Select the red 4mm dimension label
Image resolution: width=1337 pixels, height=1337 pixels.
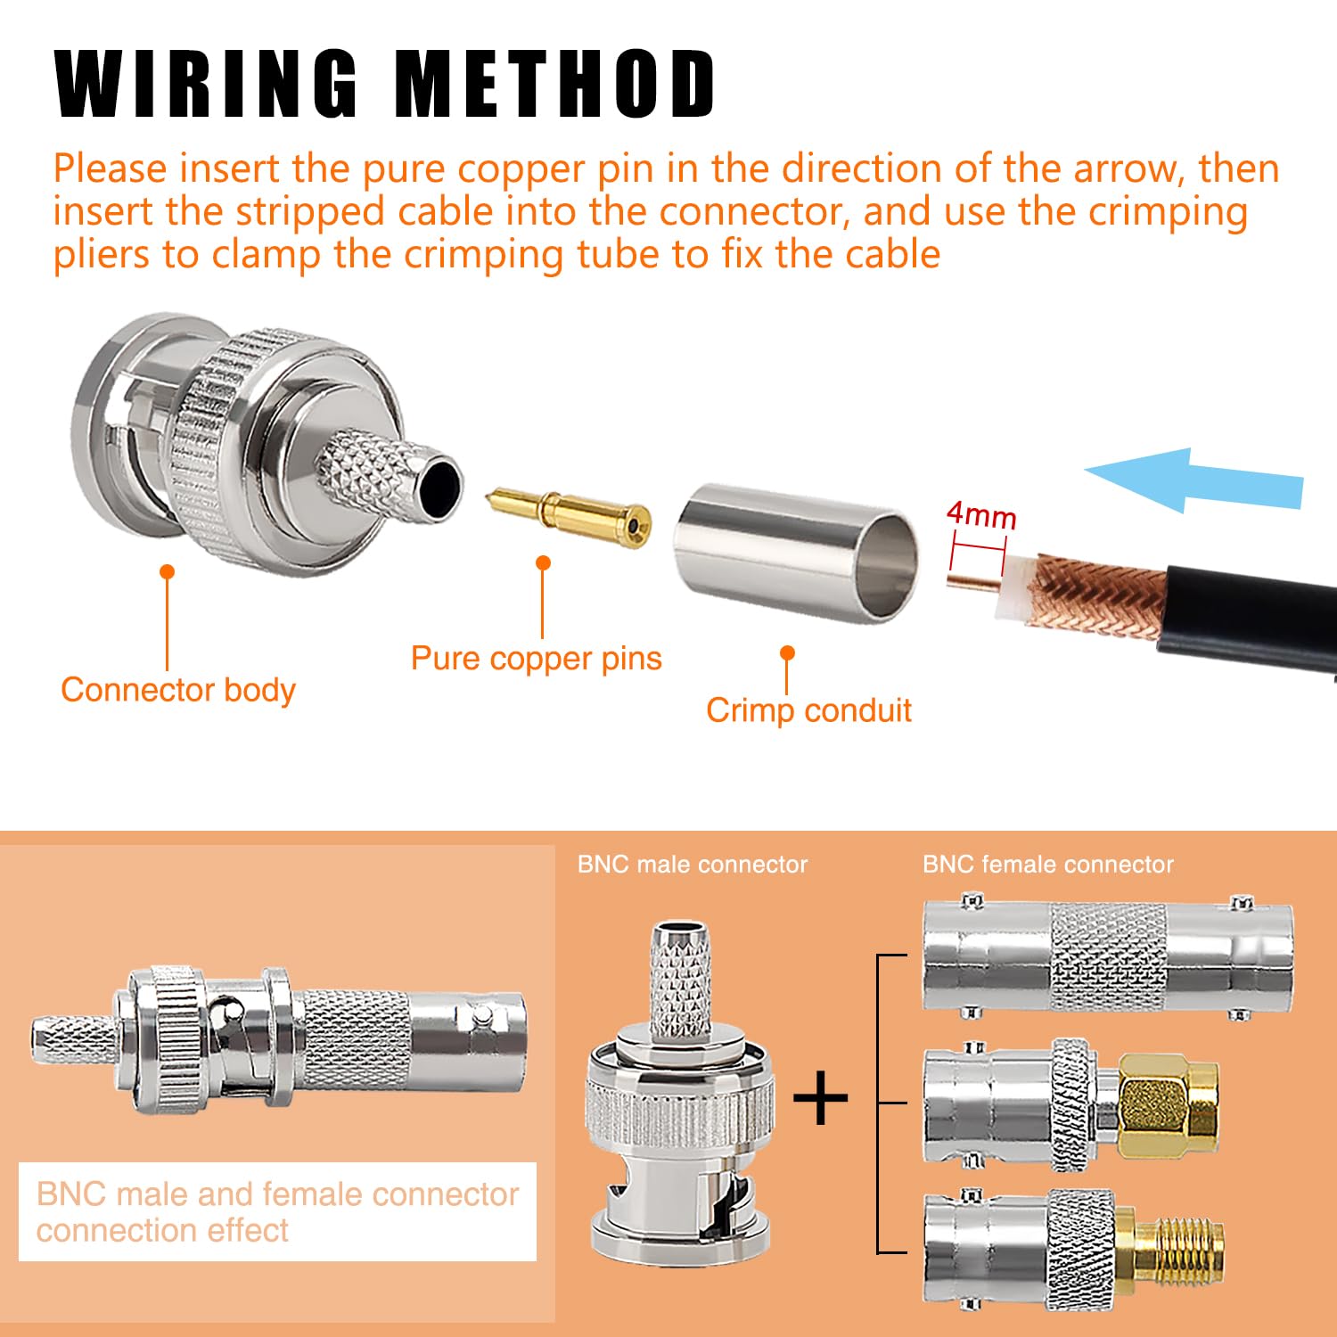point(980,514)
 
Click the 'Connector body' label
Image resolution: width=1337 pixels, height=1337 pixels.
point(178,690)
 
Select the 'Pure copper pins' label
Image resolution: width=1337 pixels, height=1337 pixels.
point(536,659)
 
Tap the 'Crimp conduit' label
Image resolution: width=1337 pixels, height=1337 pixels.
point(808,710)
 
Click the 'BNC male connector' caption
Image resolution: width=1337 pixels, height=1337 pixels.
point(693,865)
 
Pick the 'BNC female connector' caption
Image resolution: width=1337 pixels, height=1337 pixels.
point(1047,865)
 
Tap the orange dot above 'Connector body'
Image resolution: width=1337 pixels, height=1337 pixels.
point(167,571)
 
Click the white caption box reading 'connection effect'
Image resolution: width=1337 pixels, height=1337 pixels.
point(277,1211)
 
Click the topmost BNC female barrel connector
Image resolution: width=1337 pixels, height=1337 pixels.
point(1107,956)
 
